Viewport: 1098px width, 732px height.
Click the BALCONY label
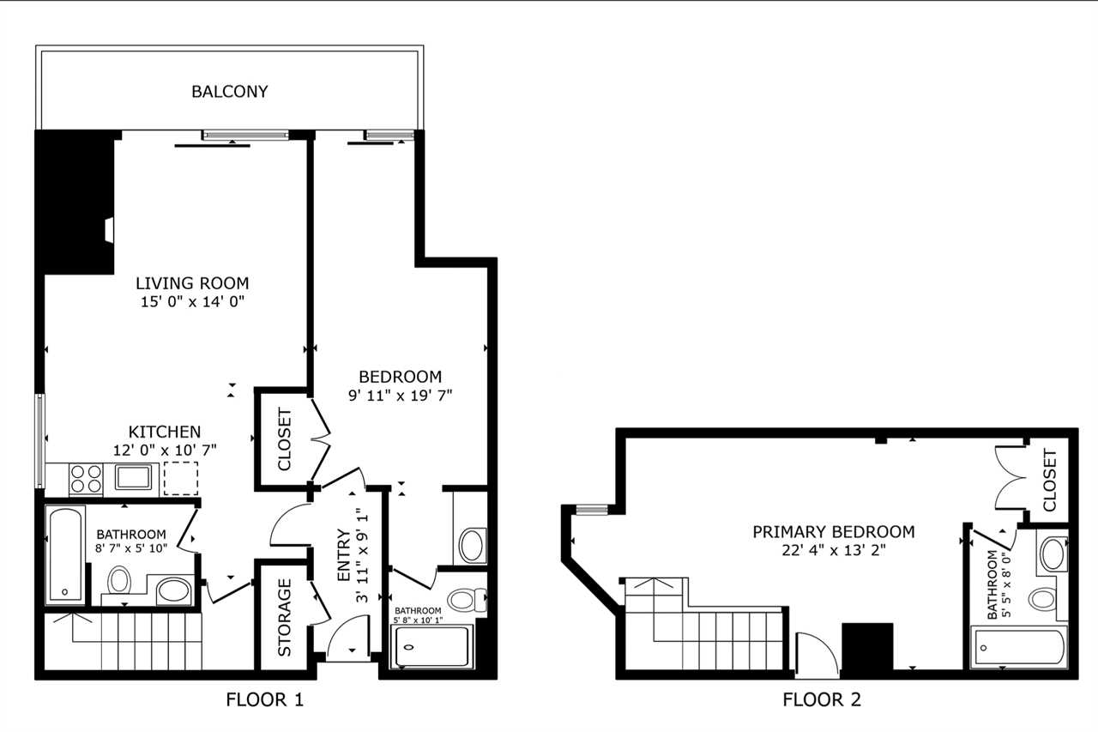229,92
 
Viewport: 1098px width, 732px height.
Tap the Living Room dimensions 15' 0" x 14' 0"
193,301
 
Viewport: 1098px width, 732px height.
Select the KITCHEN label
165,432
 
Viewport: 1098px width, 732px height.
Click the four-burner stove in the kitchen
86,479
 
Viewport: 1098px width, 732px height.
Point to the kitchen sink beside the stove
133,477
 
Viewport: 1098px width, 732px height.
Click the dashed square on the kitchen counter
181,478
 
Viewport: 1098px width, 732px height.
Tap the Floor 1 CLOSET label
284,439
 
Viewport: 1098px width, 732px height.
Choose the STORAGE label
284,617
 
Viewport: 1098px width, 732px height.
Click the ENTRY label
344,554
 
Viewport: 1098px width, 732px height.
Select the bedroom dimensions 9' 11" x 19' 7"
400,395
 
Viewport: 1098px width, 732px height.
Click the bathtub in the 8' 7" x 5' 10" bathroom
65,554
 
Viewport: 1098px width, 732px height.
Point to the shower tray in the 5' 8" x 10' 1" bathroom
431,646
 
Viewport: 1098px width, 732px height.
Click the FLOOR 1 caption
265,699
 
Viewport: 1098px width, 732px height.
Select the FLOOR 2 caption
822,699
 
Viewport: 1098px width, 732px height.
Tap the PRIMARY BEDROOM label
833,532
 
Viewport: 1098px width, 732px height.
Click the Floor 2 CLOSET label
1050,481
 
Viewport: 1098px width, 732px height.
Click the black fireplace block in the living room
75,202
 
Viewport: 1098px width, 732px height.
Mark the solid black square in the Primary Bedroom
867,647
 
